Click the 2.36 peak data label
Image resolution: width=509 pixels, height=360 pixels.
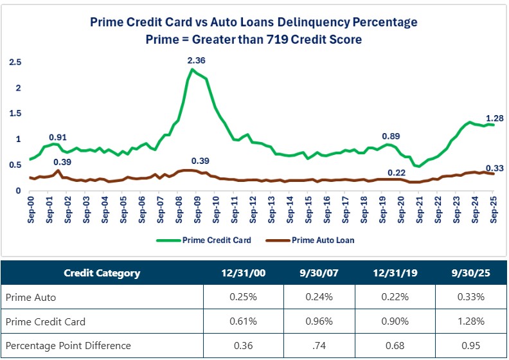(x=197, y=60)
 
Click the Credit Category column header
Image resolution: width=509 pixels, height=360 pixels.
(x=102, y=273)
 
